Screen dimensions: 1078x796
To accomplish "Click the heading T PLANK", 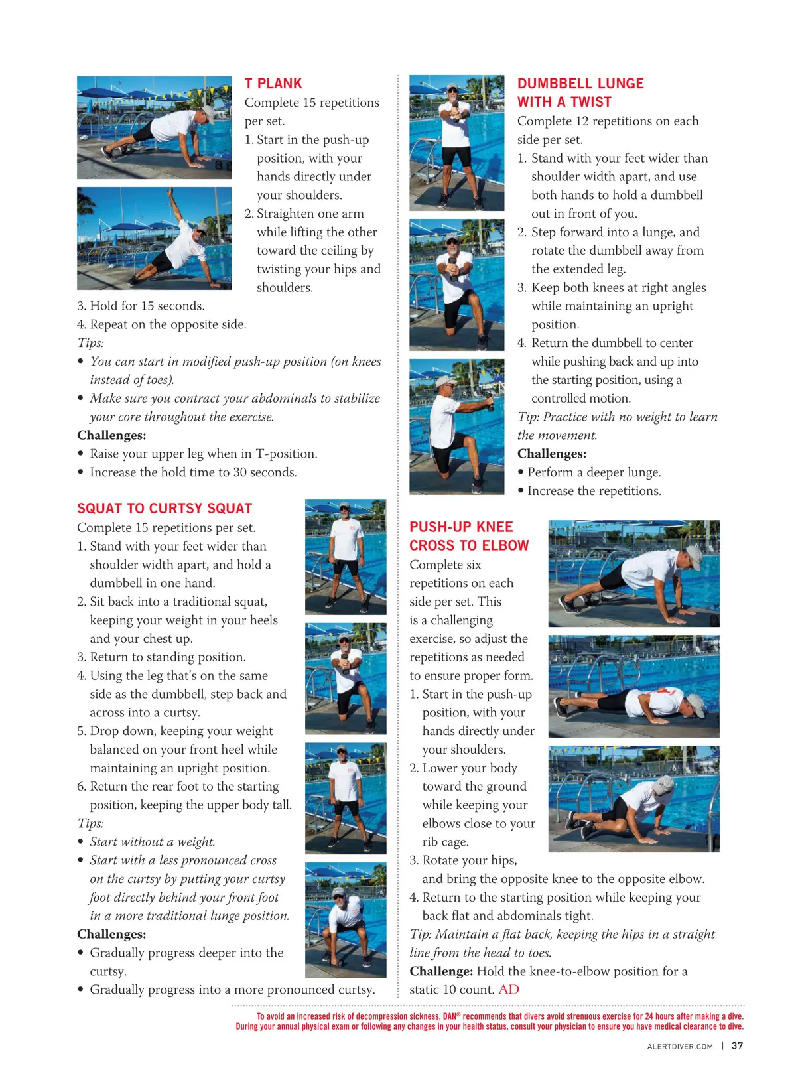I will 273,84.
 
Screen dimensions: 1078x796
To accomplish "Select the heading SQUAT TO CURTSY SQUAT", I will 165,509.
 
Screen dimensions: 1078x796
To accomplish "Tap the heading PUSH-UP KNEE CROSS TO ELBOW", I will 468,536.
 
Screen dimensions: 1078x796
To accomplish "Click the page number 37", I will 737,1045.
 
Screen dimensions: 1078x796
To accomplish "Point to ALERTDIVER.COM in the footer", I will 680,1047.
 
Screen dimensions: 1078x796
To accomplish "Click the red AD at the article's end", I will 509,989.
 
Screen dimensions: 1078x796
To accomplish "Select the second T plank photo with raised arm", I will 155,238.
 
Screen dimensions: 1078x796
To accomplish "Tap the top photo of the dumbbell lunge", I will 457,143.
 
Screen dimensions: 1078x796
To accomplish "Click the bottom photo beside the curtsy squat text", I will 346,920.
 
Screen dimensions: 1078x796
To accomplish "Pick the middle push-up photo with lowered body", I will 633,686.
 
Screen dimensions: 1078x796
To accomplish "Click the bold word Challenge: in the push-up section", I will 441,971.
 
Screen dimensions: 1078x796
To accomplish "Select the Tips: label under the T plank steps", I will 90,343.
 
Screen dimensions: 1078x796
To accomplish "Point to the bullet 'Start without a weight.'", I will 152,842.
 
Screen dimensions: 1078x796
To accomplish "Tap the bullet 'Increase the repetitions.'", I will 594,491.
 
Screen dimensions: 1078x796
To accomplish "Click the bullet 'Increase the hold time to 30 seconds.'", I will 193,472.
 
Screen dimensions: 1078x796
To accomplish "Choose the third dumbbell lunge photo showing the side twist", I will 457,427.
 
